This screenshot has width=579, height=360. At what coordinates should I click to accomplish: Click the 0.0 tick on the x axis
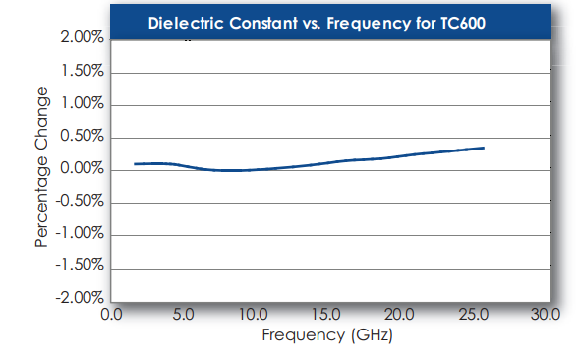pos(111,316)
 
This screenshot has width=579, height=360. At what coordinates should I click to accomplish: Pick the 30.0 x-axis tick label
pos(544,316)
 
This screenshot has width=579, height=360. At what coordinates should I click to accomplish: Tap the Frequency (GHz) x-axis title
pos(326,335)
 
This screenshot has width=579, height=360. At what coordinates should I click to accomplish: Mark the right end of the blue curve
pos(484,148)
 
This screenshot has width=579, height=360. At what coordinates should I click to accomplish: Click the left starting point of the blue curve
pos(135,164)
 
